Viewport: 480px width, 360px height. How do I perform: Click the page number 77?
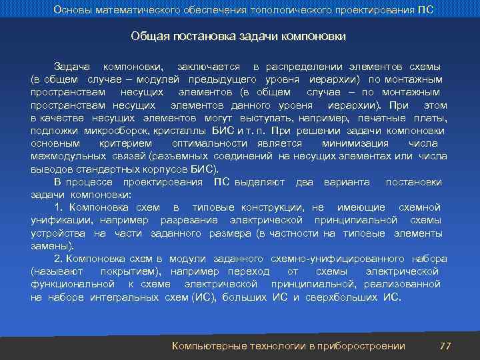tap(446, 345)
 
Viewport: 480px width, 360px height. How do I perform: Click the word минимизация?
tap(355, 143)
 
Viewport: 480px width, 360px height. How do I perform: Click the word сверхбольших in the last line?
tap(341, 297)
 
